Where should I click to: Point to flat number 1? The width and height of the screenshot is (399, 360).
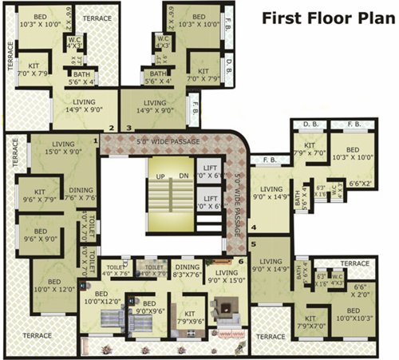(95, 141)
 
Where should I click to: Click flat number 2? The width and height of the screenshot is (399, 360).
(112, 127)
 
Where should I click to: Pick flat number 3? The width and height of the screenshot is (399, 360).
(128, 127)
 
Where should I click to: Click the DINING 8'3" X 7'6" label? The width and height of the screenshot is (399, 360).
(188, 271)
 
